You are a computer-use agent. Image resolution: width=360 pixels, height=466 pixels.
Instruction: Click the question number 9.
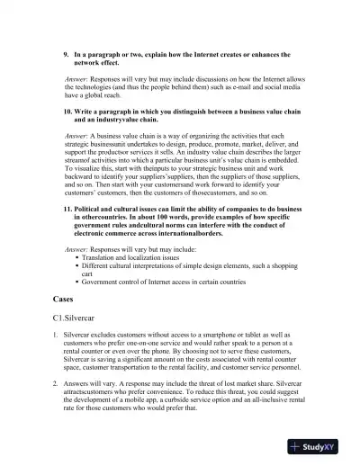(x=66, y=55)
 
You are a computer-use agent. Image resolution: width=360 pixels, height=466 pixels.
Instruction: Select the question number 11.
(x=67, y=209)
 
